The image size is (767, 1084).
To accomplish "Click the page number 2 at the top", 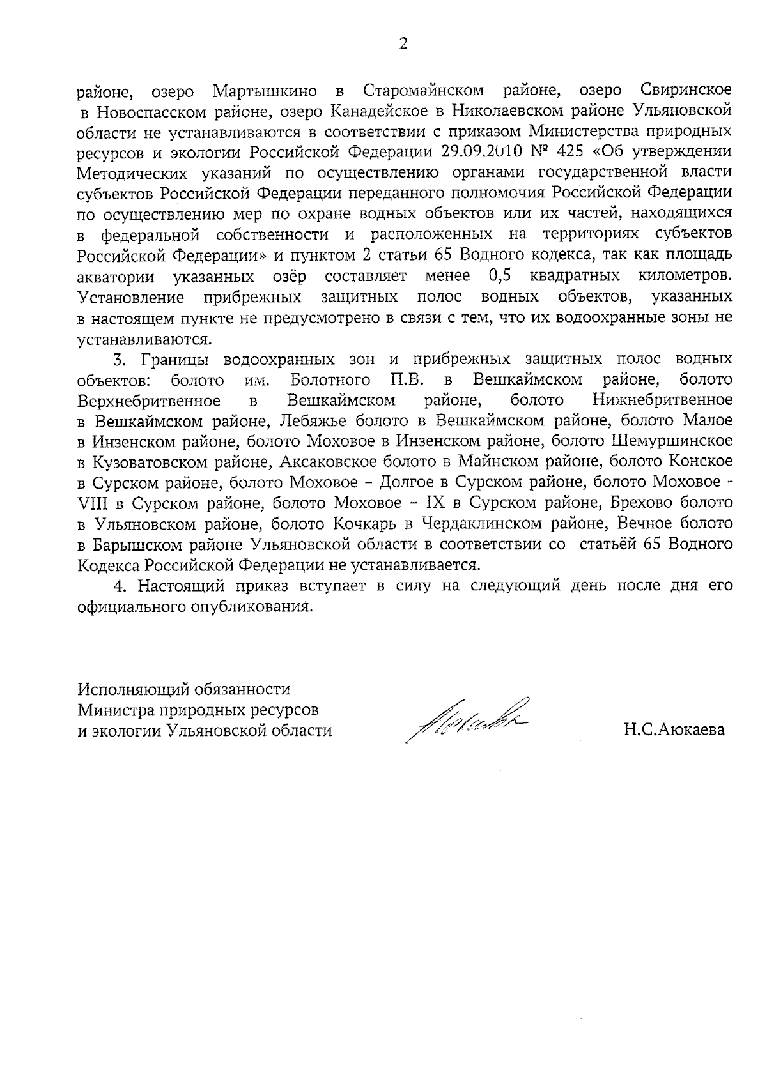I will click(x=403, y=44).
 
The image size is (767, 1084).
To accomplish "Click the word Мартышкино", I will click(x=261, y=90).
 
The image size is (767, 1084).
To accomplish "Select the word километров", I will click(x=685, y=276).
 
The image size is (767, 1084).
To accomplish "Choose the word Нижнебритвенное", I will click(x=662, y=401).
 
